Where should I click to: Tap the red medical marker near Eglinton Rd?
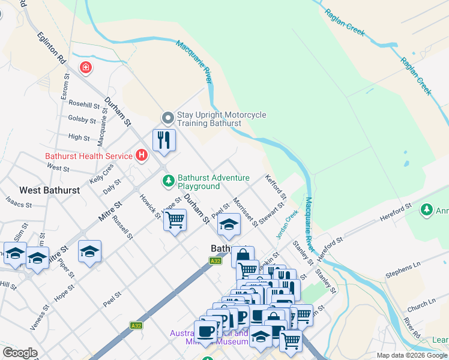pyautogui.click(x=86, y=68)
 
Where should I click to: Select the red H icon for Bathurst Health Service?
pyautogui.click(x=142, y=156)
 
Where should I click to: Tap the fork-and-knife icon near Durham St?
pyautogui.click(x=164, y=140)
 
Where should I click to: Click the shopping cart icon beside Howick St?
pyautogui.click(x=175, y=220)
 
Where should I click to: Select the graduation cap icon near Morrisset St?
pyautogui.click(x=228, y=225)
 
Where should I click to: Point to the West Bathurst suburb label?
pyautogui.click(x=49, y=190)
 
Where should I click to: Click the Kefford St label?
pyautogui.click(x=275, y=187)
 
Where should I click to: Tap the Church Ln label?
pyautogui.click(x=420, y=304)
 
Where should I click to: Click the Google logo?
pyautogui.click(x=20, y=353)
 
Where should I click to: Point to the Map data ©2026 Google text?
pyautogui.click(x=412, y=355)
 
